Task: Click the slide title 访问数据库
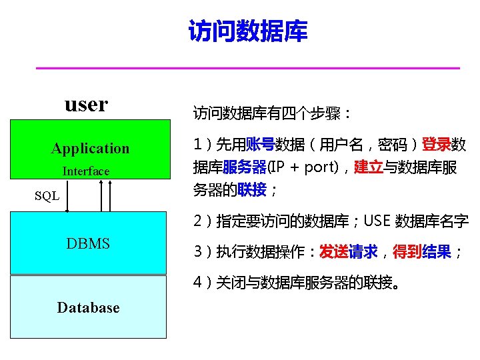click(248, 31)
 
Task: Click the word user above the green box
click(86, 104)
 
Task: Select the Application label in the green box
click(90, 149)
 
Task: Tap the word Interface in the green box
click(86, 171)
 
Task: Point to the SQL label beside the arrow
click(47, 196)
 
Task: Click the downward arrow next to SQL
click(67, 195)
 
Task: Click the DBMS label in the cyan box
click(88, 243)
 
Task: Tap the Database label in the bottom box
click(88, 307)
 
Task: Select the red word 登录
click(436, 145)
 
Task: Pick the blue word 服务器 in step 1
click(245, 167)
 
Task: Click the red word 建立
click(369, 167)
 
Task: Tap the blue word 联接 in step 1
click(253, 190)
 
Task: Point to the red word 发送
click(333, 252)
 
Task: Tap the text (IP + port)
click(303, 167)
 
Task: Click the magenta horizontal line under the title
click(247, 68)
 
